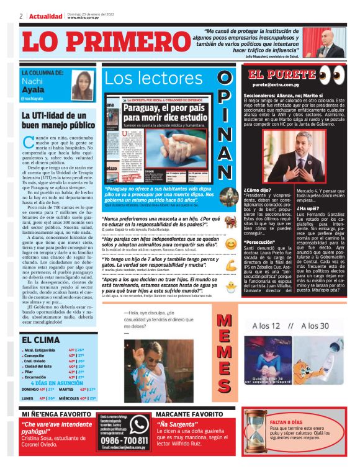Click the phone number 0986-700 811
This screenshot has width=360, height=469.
coord(124,440)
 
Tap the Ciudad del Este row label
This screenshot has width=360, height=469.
coord(38,366)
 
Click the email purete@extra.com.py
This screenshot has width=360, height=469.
coord(276,84)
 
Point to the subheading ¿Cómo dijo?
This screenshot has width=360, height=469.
coord(257,190)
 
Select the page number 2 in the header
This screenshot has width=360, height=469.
coord(20,16)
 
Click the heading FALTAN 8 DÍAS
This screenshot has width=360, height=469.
coord(292,422)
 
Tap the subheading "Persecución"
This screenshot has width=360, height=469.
coord(260,242)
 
